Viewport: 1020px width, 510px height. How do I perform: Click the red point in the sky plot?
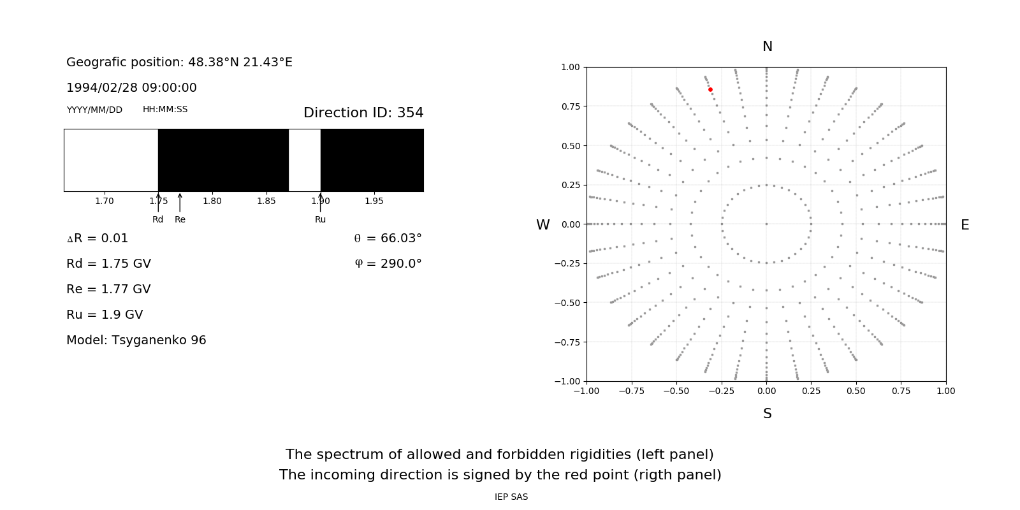click(x=710, y=90)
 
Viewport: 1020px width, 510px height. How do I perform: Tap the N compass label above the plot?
click(x=768, y=47)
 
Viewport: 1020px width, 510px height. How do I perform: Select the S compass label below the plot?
click(x=768, y=414)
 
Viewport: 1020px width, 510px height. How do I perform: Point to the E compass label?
click(x=965, y=225)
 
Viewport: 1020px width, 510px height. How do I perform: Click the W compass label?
click(x=543, y=225)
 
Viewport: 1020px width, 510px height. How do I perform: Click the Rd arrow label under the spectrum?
click(x=157, y=219)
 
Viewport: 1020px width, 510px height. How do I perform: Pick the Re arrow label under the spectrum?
click(x=180, y=219)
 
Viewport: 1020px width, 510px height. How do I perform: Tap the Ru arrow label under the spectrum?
click(x=320, y=219)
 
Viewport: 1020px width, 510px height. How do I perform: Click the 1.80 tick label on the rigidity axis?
click(x=212, y=201)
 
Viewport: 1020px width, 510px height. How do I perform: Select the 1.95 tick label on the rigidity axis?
click(x=374, y=201)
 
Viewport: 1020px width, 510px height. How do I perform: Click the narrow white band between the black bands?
click(x=304, y=160)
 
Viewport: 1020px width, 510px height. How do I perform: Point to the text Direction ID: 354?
click(x=363, y=113)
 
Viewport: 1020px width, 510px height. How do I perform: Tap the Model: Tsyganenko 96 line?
click(x=136, y=340)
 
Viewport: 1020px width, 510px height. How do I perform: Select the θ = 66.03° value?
click(x=388, y=238)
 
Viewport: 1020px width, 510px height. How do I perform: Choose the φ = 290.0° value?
click(x=388, y=264)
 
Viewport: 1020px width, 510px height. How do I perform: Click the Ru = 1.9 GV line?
click(x=105, y=315)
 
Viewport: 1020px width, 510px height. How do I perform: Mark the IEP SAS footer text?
click(x=511, y=497)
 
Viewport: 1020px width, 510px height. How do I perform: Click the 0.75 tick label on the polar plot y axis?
click(x=570, y=106)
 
